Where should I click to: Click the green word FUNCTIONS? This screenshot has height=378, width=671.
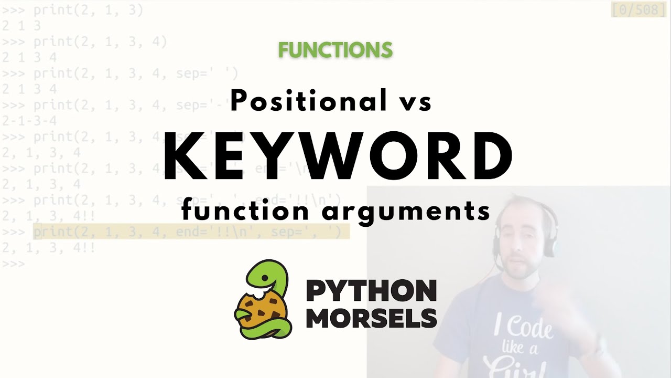click(335, 50)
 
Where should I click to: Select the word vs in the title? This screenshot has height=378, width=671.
click(415, 101)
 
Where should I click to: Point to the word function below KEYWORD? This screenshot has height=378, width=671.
click(245, 211)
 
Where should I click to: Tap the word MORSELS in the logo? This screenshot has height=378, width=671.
click(371, 318)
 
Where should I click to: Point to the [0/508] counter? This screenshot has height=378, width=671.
click(638, 10)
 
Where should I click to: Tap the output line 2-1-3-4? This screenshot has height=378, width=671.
click(29, 121)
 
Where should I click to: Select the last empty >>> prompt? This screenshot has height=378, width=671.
click(13, 264)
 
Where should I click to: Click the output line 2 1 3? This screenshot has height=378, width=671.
click(21, 26)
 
